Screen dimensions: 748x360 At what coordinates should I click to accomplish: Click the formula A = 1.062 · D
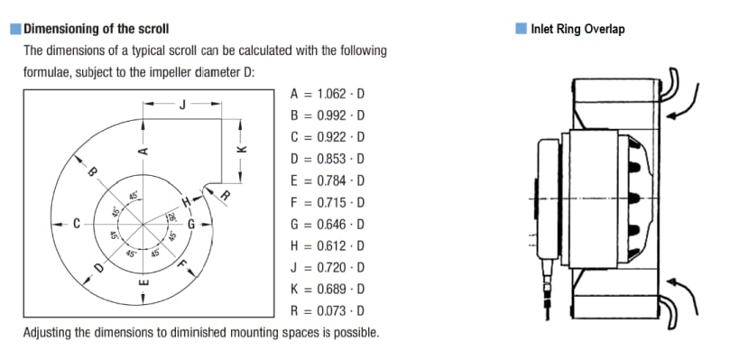[328, 94]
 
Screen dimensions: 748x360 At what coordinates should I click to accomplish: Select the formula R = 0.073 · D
[328, 311]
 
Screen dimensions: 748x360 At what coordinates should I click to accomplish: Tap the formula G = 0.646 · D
[328, 224]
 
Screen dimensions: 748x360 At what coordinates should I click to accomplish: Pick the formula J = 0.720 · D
[328, 267]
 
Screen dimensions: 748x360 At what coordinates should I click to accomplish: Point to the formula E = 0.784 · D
[328, 180]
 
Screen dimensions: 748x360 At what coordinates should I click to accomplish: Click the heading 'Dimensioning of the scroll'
[97, 29]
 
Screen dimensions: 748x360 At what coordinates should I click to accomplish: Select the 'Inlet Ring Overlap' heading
[577, 29]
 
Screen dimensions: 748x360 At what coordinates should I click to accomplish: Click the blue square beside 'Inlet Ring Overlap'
[521, 29]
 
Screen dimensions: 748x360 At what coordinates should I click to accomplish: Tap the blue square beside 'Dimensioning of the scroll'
[15, 29]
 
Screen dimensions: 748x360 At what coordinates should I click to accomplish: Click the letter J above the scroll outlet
[182, 105]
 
